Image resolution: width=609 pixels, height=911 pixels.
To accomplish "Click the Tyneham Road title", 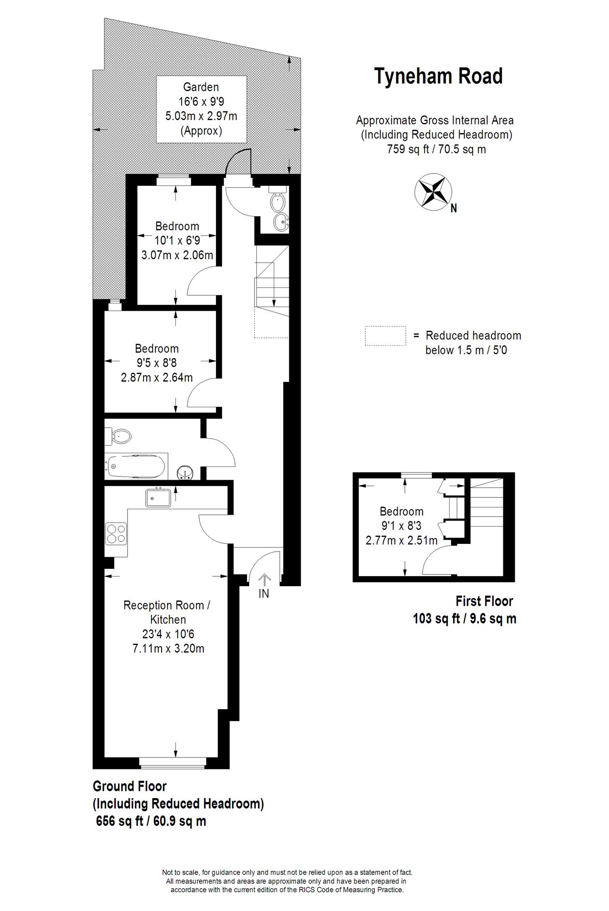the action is [x=438, y=76].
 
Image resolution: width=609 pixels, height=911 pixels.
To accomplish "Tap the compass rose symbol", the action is [x=433, y=192].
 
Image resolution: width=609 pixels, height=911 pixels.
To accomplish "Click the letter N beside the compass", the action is [x=454, y=208].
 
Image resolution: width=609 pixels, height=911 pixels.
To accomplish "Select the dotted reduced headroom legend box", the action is [x=385, y=336].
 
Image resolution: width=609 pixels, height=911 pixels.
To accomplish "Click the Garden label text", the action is [x=201, y=87].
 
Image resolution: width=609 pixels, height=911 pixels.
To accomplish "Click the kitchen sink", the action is [x=158, y=497].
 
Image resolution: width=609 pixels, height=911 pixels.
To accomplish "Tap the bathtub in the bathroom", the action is [x=135, y=466].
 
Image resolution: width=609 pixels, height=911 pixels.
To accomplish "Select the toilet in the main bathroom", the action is [x=118, y=436].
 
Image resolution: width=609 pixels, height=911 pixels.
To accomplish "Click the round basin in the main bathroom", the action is [x=186, y=472].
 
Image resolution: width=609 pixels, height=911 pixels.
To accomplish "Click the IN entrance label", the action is [x=264, y=594].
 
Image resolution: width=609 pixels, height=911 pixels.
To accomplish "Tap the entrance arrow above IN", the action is [x=264, y=580].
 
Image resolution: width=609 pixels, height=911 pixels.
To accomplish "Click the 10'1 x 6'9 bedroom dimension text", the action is [x=177, y=241].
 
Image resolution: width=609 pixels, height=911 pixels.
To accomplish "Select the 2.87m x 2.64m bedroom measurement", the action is [x=157, y=378].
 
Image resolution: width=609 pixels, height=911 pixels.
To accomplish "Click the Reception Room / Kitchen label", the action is [x=167, y=612].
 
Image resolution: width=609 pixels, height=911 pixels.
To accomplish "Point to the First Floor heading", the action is [x=484, y=601].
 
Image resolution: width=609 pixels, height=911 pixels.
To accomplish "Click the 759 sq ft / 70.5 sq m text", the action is [x=436, y=149].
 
